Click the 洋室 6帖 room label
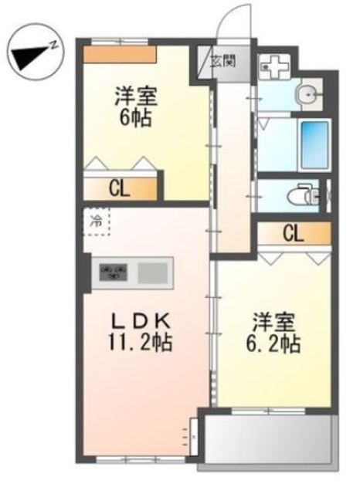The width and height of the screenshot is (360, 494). tap(136, 107)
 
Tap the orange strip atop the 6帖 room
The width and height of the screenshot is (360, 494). tap(120, 55)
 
